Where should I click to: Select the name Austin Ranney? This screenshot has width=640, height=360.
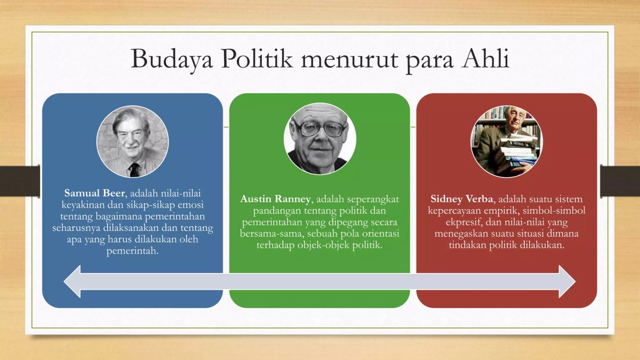pos(275,199)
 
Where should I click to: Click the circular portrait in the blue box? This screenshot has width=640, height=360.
pos(132,141)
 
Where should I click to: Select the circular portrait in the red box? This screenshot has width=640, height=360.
pos(507,141)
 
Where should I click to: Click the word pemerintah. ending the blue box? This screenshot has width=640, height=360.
pos(132,251)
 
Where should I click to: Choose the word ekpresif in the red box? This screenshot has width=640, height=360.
pos(463,222)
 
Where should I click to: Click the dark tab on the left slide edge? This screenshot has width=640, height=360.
pos(20,180)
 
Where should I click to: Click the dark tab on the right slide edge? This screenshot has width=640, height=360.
pos(620,180)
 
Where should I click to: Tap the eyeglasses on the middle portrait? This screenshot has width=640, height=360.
pos(319,129)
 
